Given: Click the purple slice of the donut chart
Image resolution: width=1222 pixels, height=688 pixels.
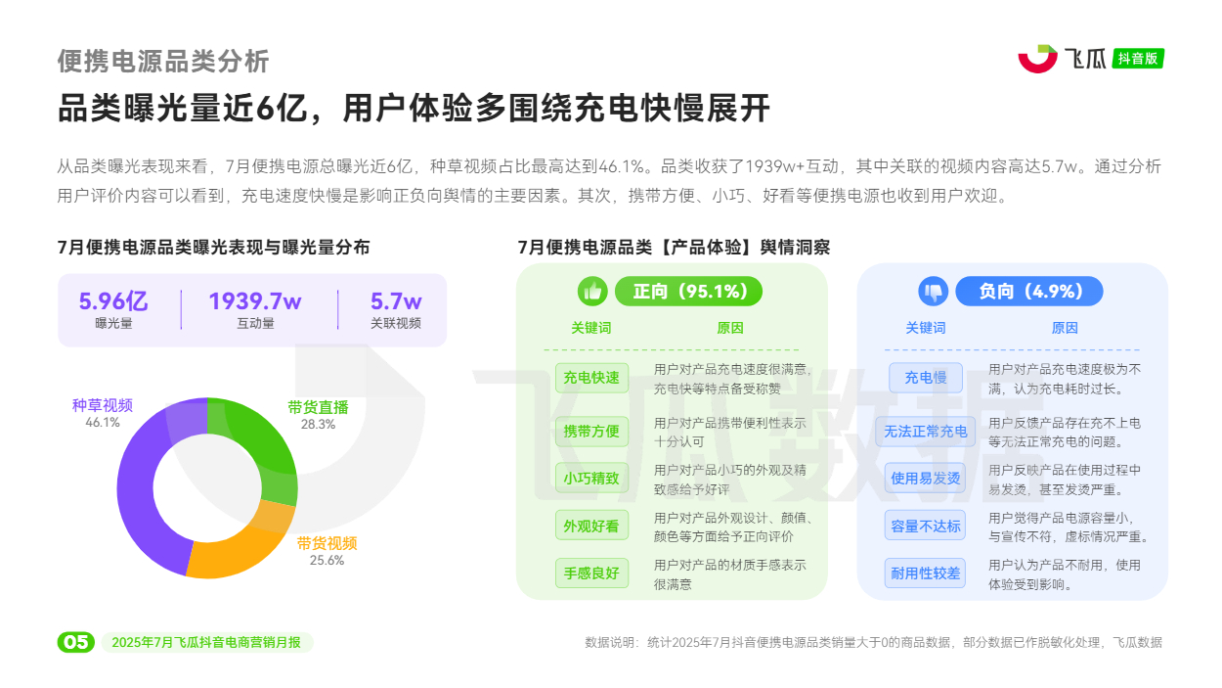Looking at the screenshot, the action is [x=137, y=491].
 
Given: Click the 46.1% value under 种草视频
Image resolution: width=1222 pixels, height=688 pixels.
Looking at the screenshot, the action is [x=102, y=422].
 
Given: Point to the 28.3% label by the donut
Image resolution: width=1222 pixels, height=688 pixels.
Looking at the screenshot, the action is [x=318, y=425].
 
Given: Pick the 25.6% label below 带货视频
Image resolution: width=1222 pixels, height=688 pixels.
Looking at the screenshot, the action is [x=327, y=560].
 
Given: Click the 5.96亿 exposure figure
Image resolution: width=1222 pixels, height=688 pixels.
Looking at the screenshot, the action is [x=113, y=301].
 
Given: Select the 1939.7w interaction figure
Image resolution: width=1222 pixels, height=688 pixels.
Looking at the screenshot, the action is [x=255, y=301].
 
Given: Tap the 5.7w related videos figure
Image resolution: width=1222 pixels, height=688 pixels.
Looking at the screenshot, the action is [x=396, y=301].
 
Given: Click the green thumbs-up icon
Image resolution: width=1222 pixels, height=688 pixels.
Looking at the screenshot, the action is [x=592, y=291].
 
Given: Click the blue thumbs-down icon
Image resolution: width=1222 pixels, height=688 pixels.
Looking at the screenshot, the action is [x=934, y=291].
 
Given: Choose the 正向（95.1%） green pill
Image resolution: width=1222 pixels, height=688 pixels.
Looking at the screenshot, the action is [x=688, y=291].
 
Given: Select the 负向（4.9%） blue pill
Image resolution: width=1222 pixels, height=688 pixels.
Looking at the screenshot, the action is [x=1029, y=291].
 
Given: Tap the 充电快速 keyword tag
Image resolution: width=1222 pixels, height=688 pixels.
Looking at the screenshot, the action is [x=591, y=378].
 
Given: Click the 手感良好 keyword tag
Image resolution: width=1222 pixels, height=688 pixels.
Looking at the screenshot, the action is [x=591, y=573].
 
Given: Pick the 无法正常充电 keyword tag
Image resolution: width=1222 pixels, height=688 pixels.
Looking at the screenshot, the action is [x=925, y=432].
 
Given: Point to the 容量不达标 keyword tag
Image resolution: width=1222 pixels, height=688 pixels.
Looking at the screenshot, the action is [x=925, y=526].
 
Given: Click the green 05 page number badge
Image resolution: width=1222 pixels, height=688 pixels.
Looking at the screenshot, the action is [x=76, y=642].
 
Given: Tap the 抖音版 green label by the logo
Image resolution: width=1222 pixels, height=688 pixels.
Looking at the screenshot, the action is [x=1138, y=59].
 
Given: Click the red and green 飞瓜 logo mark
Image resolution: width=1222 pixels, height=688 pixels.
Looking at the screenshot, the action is [x=1037, y=59].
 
